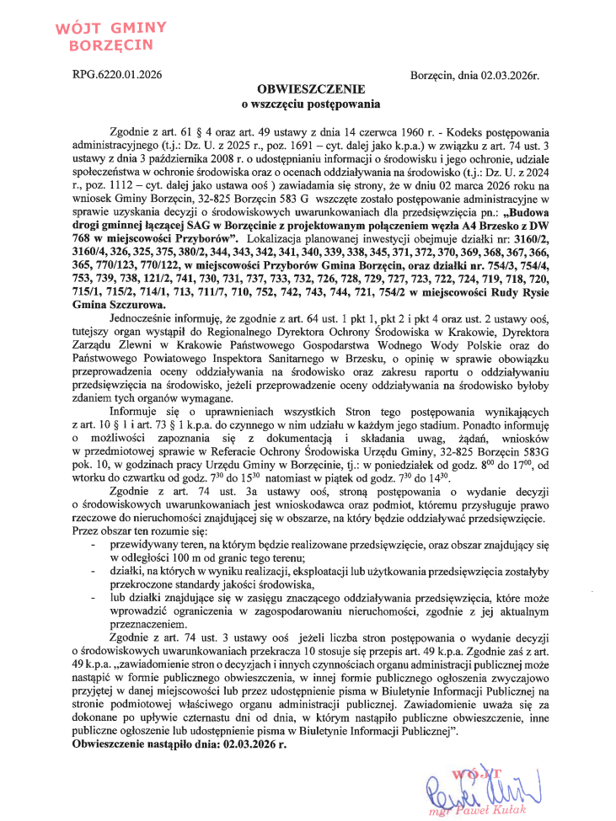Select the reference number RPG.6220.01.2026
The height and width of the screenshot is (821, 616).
pyautogui.click(x=117, y=75)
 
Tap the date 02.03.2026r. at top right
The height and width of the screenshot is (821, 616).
pyautogui.click(x=510, y=75)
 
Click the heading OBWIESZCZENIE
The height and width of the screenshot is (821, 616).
pyautogui.click(x=312, y=89)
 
